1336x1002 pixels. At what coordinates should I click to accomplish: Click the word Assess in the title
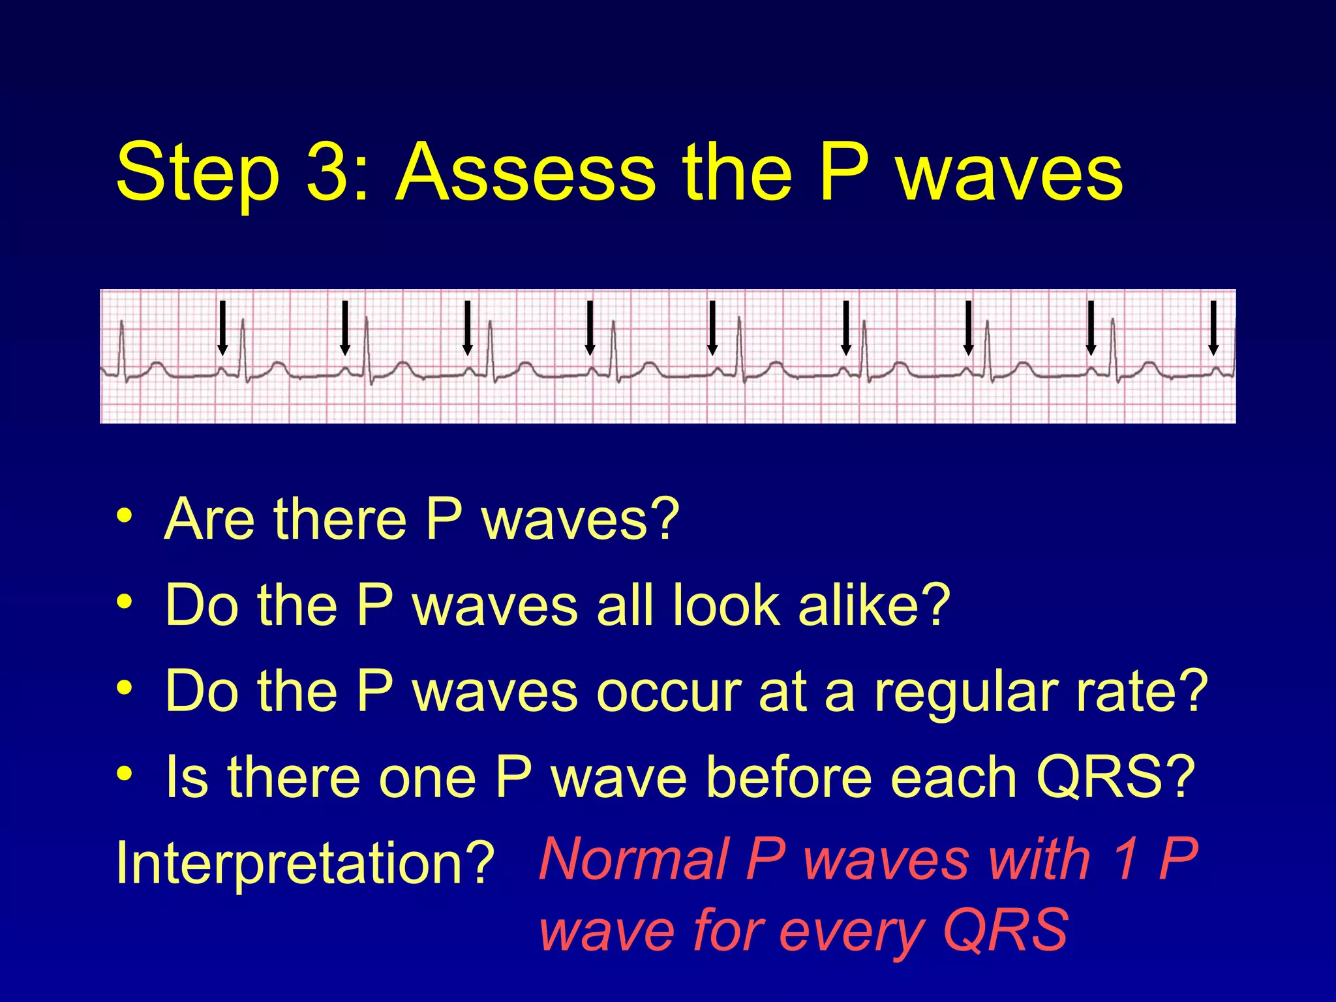point(525,172)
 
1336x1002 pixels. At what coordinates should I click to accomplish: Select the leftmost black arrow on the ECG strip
point(222,327)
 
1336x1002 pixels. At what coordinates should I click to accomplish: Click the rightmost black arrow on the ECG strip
point(1213,327)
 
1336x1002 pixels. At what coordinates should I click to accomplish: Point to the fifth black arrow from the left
point(712,327)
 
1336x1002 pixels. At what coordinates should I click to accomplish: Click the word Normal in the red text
point(633,860)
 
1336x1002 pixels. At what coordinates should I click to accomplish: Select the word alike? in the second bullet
point(874,605)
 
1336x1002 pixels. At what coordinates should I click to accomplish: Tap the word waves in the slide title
point(1010,172)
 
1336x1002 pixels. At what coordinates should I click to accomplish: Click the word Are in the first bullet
point(209,519)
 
